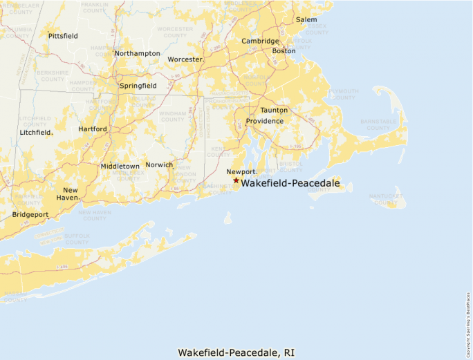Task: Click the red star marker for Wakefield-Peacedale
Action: pyautogui.click(x=236, y=180)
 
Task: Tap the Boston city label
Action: pyautogui.click(x=284, y=51)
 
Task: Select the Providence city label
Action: pyautogui.click(x=264, y=121)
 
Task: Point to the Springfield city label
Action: pyautogui.click(x=138, y=86)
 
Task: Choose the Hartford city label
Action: pyautogui.click(x=93, y=129)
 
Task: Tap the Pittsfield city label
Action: pyautogui.click(x=63, y=35)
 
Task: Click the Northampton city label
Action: pyautogui.click(x=137, y=53)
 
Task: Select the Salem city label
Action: pyautogui.click(x=306, y=20)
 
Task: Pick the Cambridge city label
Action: pyautogui.click(x=260, y=41)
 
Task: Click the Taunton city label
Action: pyautogui.click(x=274, y=111)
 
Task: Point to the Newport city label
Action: pyautogui.click(x=241, y=171)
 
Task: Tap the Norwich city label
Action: pyautogui.click(x=159, y=165)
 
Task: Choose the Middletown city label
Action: pyautogui.click(x=120, y=167)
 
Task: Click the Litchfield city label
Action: pyautogui.click(x=36, y=132)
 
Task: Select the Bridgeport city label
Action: pyautogui.click(x=30, y=215)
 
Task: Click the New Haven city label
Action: pyautogui.click(x=71, y=193)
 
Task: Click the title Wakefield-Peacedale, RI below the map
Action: pyautogui.click(x=236, y=352)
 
